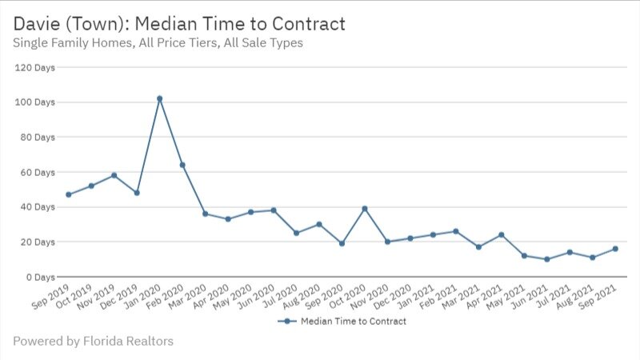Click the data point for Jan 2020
point(159,98)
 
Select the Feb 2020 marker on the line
point(182,165)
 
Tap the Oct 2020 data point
point(365,209)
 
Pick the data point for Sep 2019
point(69,194)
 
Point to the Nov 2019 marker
point(114,175)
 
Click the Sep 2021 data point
point(615,249)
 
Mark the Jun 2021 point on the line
point(546,259)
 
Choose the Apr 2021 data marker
point(501,235)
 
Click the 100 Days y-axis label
point(35,102)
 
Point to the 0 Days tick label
point(40,277)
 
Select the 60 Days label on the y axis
point(38,172)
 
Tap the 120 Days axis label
point(35,67)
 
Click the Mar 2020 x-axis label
point(190,298)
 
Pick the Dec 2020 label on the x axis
point(395,298)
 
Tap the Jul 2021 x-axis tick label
point(554,298)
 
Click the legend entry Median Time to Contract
point(353,321)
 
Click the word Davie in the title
point(36,23)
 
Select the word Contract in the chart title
point(308,23)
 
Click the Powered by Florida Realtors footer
point(93,342)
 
